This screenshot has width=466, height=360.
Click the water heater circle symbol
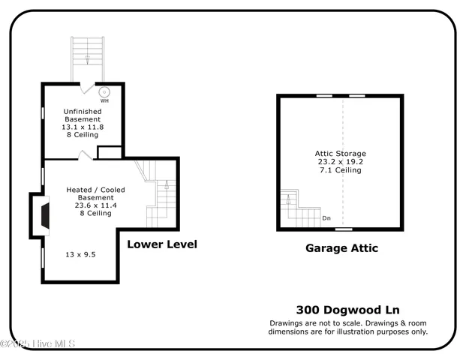click(x=104, y=91)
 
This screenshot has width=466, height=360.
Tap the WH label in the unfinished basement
click(x=104, y=100)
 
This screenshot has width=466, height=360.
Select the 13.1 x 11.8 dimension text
click(x=82, y=127)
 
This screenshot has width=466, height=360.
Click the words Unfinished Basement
click(x=82, y=115)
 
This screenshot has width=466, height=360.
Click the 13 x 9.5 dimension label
click(x=81, y=254)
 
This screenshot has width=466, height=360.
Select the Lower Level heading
click(x=162, y=244)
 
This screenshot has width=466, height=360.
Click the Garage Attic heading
click(x=341, y=248)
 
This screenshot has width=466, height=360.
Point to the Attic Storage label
click(x=340, y=154)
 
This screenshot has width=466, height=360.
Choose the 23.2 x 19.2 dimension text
click(x=340, y=162)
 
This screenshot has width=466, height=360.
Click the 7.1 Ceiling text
click(x=340, y=170)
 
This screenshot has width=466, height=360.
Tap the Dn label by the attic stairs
click(x=326, y=218)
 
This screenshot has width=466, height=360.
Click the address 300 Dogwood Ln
click(x=348, y=309)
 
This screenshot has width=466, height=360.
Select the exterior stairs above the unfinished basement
click(x=88, y=58)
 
